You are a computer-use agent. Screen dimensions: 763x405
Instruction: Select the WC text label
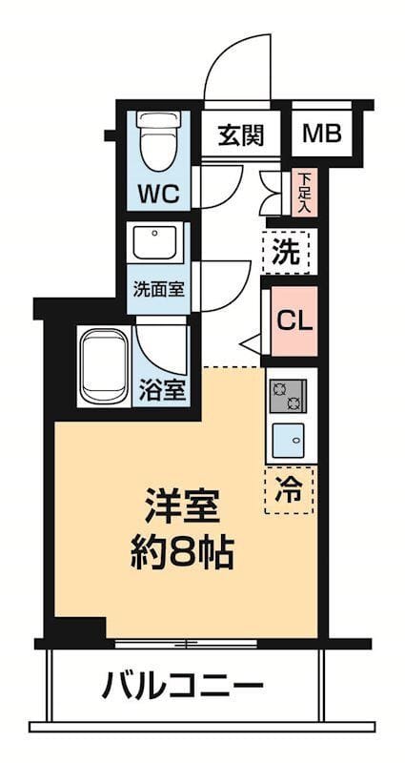click(x=159, y=194)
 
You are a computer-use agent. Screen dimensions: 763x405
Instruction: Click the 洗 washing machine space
click(x=289, y=253)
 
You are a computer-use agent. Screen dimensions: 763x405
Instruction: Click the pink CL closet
click(x=294, y=320)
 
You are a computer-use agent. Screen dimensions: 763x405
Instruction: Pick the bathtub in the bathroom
click(x=104, y=366)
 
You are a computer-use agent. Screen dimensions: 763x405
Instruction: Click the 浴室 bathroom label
click(x=163, y=389)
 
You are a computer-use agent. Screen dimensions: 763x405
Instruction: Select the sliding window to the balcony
click(x=186, y=644)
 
